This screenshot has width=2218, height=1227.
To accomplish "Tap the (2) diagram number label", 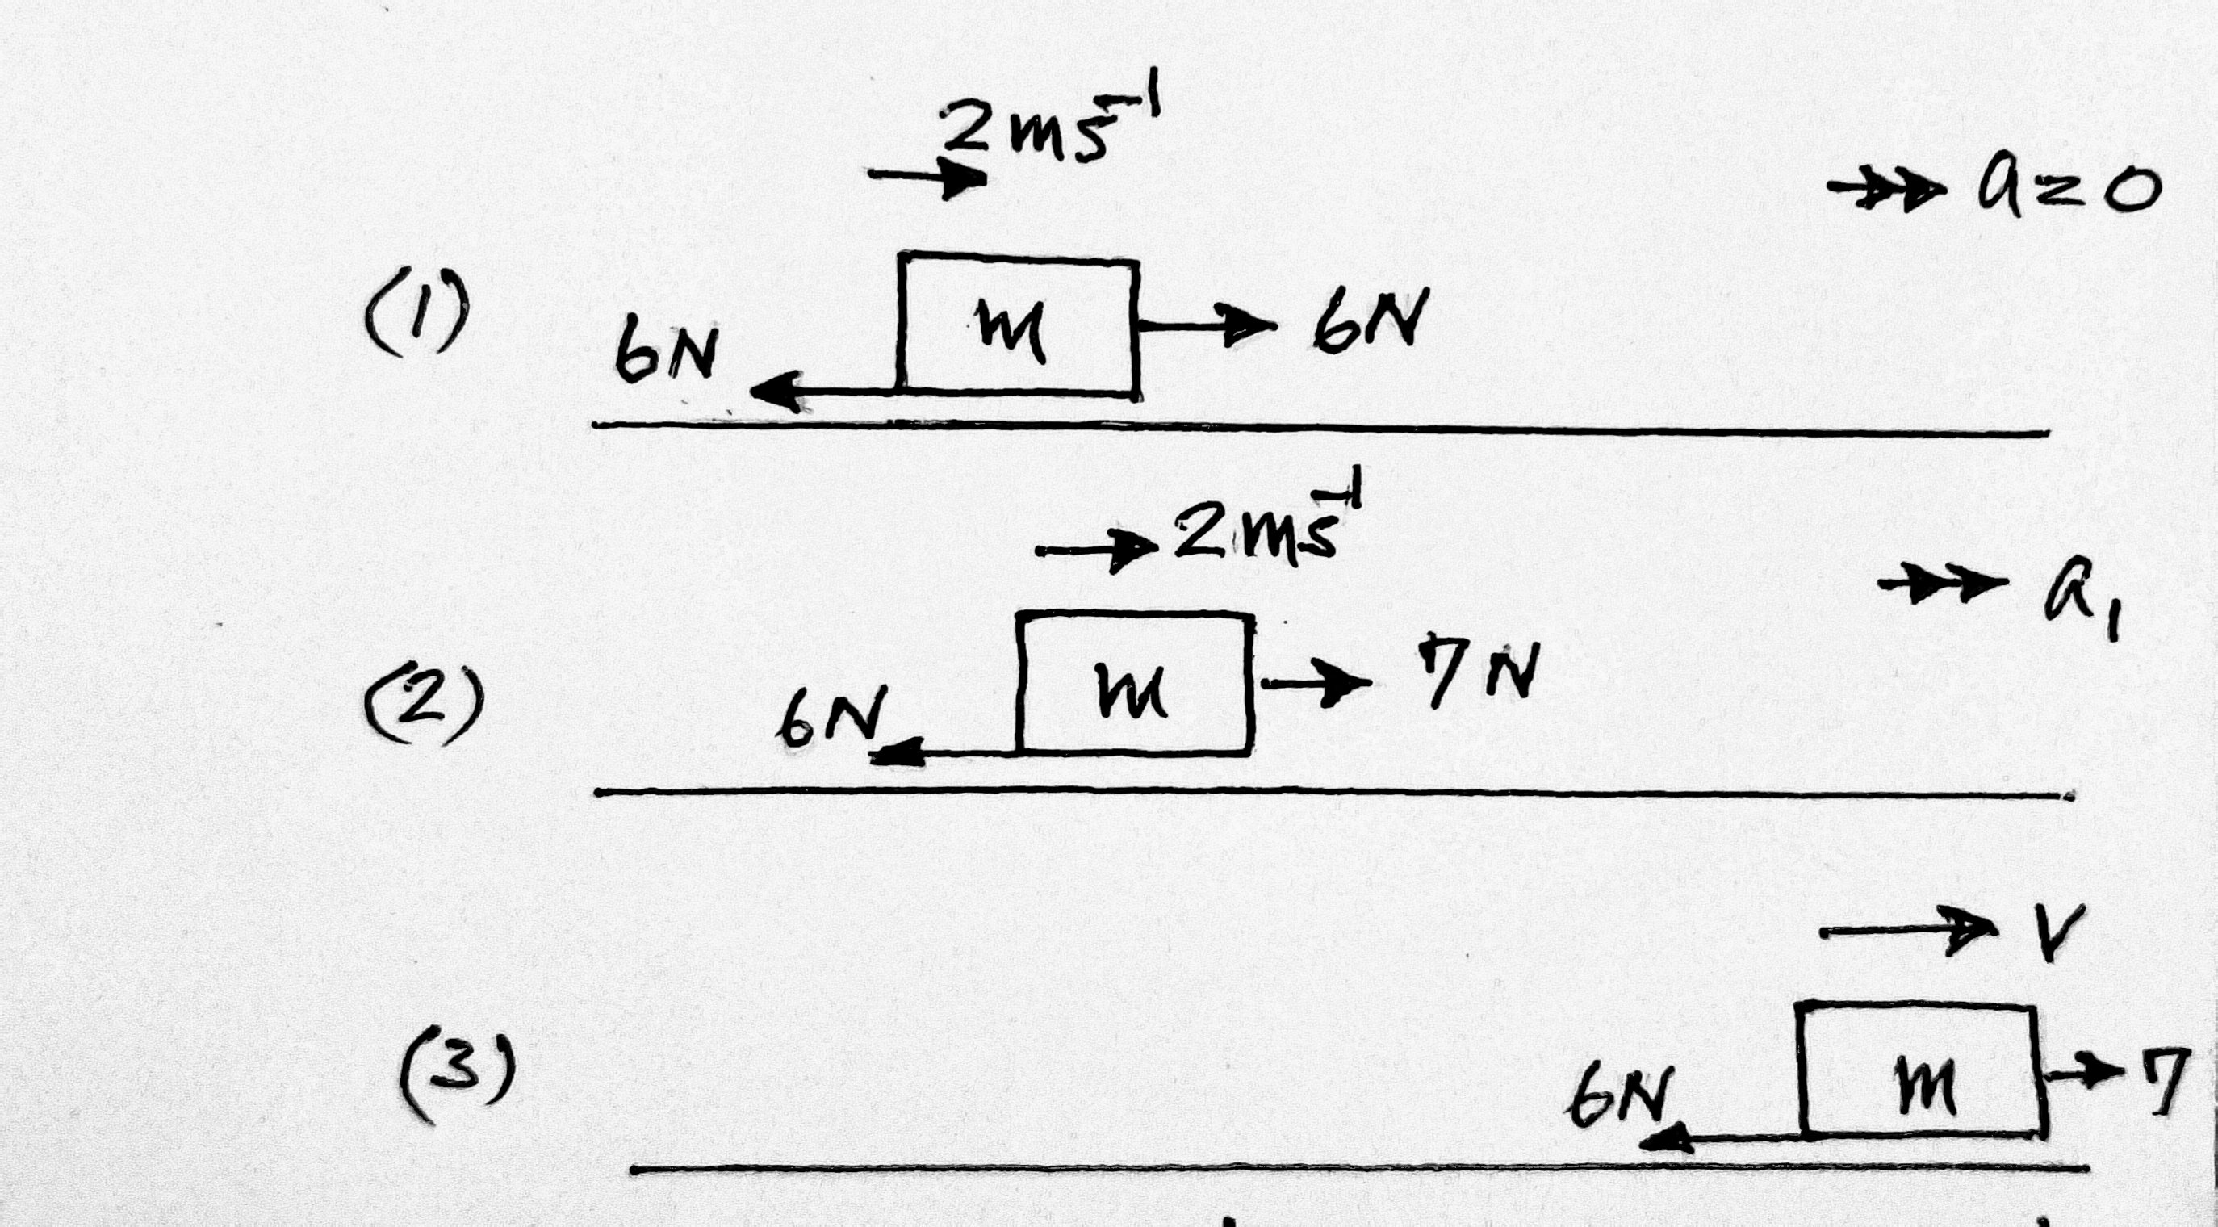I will pyautogui.click(x=424, y=700).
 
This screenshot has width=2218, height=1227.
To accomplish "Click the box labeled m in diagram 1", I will pyautogui.click(x=1019, y=325).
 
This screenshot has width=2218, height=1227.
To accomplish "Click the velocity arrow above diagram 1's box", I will pyautogui.click(x=927, y=177).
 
